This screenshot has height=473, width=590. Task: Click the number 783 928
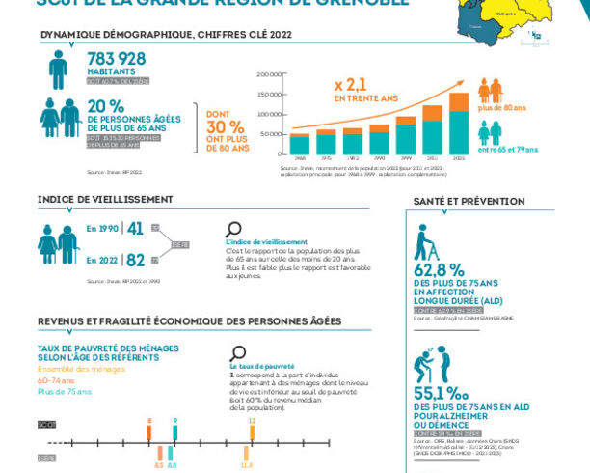(x=117, y=59)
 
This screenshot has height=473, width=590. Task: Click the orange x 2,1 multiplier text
(x=351, y=84)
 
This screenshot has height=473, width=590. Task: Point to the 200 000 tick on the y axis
(x=270, y=73)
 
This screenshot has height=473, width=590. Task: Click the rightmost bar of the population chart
(x=459, y=124)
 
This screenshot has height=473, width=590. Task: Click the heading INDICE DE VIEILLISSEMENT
(x=105, y=199)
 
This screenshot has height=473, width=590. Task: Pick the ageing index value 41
(x=136, y=229)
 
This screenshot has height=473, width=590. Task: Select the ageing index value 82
(x=136, y=260)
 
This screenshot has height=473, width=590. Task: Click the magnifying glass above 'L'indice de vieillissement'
(x=233, y=230)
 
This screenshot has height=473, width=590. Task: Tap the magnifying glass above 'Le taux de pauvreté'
(x=239, y=353)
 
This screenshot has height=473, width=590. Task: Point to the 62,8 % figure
(x=439, y=269)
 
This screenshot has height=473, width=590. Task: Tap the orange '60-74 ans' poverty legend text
(x=55, y=380)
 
